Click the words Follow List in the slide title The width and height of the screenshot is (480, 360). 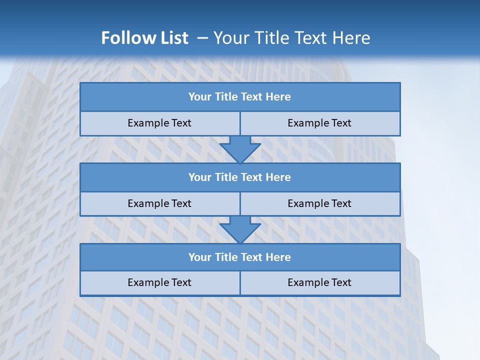[x=144, y=38]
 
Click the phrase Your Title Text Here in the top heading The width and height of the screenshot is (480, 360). [x=291, y=38]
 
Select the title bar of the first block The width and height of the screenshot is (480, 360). [x=240, y=97]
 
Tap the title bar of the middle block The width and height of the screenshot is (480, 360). [x=240, y=177]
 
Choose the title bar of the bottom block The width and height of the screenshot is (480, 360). [x=240, y=257]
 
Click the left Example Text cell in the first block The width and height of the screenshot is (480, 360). [x=159, y=123]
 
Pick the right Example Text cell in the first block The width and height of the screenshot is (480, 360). [x=319, y=123]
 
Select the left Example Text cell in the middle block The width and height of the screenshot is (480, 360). [x=159, y=203]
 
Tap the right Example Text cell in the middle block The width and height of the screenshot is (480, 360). [x=319, y=203]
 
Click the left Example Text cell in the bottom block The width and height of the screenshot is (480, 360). [x=159, y=282]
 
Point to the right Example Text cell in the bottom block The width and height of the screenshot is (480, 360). [x=319, y=282]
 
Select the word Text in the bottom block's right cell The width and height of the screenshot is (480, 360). [x=340, y=282]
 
